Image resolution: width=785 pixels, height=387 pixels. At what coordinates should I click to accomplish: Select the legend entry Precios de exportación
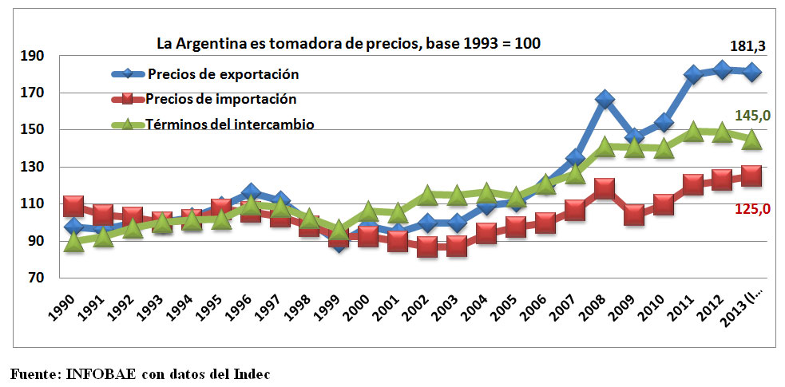223,74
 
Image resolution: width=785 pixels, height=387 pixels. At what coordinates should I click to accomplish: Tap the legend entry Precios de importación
221,100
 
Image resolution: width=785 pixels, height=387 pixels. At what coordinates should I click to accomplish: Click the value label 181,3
748,47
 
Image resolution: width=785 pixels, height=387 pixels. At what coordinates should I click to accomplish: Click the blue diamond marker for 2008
605,100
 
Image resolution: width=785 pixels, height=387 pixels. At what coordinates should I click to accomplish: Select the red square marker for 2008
605,189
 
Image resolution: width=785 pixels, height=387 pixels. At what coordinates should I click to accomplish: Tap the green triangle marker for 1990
74,243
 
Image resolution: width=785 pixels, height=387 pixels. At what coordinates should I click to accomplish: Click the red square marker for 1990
74,206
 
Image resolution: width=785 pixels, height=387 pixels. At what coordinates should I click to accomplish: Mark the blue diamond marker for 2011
693,75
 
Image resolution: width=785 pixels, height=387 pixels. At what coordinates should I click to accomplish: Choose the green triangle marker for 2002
427,195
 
